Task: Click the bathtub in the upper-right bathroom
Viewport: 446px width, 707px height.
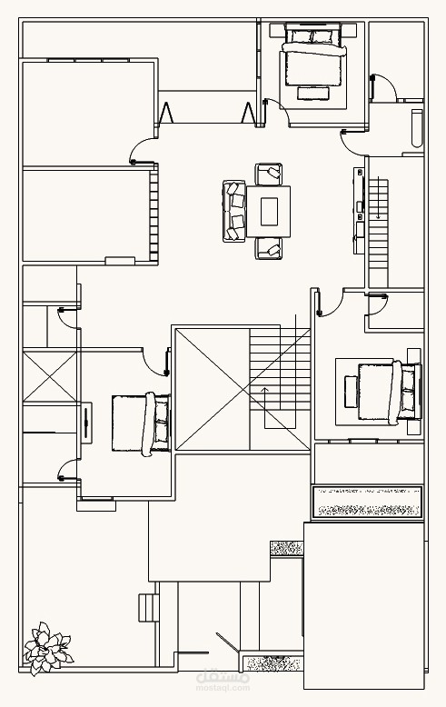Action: pyautogui.click(x=417, y=128)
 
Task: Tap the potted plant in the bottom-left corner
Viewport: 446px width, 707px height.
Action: pyautogui.click(x=47, y=648)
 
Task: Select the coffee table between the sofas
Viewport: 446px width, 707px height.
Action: pyautogui.click(x=269, y=212)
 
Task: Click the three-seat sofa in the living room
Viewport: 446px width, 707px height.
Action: pyautogui.click(x=234, y=212)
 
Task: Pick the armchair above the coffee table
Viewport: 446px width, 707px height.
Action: pyautogui.click(x=269, y=174)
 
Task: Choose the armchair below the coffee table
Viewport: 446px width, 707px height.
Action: pyautogui.click(x=269, y=248)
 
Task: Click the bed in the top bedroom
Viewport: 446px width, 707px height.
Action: pyautogui.click(x=313, y=55)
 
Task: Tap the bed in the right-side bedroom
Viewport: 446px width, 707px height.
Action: pyautogui.click(x=391, y=393)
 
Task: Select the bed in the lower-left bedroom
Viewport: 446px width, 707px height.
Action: pyautogui.click(x=141, y=423)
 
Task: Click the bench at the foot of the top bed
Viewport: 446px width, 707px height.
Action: pyautogui.click(x=313, y=94)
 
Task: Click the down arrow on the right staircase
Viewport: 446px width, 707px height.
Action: pyautogui.click(x=379, y=198)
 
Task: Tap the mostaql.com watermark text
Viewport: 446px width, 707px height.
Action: pyautogui.click(x=223, y=688)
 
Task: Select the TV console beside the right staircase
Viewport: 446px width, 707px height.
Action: pyautogui.click(x=359, y=211)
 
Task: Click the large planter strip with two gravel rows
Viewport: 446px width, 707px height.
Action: pyautogui.click(x=368, y=502)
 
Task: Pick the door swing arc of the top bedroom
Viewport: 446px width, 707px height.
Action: pyautogui.click(x=277, y=111)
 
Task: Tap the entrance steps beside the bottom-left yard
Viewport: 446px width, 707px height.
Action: pyautogui.click(x=149, y=608)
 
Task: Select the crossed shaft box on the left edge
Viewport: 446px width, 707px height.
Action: pyautogui.click(x=50, y=377)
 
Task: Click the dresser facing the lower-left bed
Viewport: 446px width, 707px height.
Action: pyautogui.click(x=86, y=423)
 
